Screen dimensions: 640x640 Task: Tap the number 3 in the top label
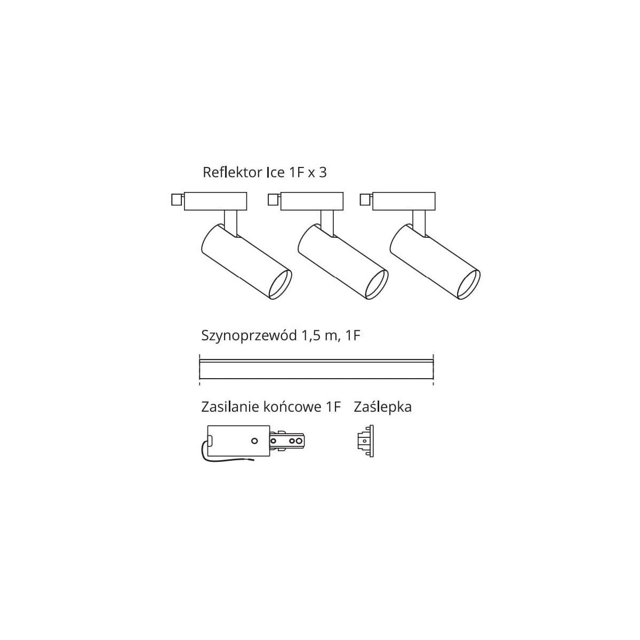pos(323,173)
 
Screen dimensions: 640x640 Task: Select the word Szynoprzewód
pos(249,336)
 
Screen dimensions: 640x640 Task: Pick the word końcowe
pos(291,407)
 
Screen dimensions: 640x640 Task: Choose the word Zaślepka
pos(382,407)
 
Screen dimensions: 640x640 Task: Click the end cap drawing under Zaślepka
pos(365,441)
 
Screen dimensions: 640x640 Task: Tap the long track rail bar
pos(316,369)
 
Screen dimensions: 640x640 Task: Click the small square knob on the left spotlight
pos(177,200)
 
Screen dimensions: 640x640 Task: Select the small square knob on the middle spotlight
pos(274,199)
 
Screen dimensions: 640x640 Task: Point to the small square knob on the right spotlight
pos(366,199)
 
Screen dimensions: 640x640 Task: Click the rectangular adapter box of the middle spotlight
pos(312,201)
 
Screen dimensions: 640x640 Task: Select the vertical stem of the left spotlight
pos(230,223)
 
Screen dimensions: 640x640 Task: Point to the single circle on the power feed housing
pos(254,441)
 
